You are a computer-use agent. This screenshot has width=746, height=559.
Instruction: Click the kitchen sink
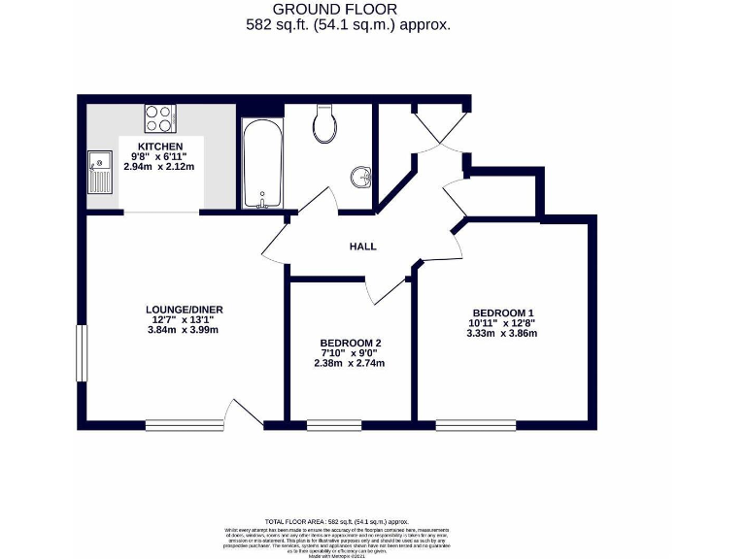[100, 174]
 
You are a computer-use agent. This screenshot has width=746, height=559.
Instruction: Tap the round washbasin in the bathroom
[361, 178]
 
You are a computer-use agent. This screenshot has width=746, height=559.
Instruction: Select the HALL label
[362, 247]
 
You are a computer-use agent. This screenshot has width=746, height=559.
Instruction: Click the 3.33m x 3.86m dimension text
[502, 333]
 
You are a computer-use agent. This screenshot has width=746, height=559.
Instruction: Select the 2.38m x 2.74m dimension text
[351, 364]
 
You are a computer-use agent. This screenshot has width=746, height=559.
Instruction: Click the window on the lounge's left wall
[83, 353]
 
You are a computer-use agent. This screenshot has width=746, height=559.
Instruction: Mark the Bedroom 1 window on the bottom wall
[476, 424]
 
